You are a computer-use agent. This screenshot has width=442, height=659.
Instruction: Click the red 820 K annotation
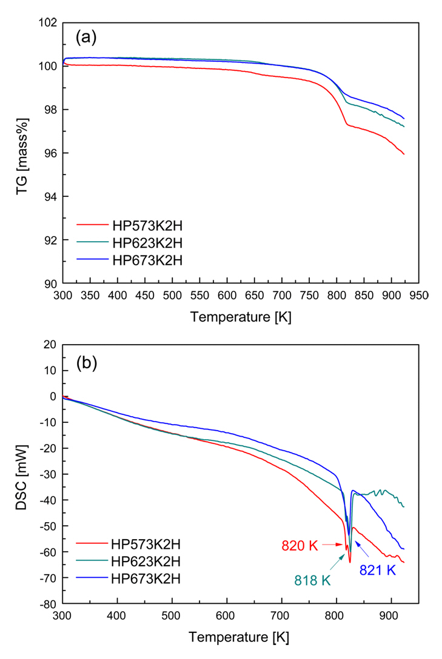point(300,545)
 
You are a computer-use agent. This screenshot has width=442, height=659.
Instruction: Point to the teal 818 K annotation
point(313,580)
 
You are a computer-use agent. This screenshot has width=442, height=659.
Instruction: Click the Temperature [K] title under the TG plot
point(241,317)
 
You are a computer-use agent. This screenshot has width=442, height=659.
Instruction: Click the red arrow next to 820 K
point(332,545)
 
